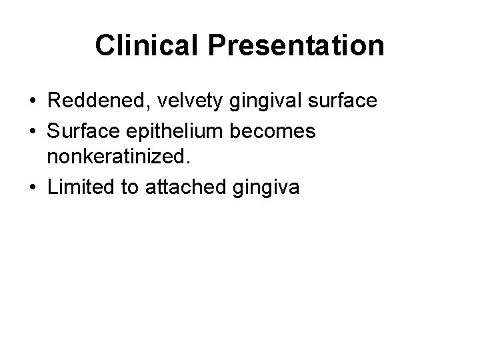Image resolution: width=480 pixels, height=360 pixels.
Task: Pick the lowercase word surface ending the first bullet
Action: click(x=341, y=101)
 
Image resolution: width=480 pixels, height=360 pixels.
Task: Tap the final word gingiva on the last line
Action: click(x=265, y=188)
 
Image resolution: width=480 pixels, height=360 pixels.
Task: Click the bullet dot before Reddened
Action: click(x=33, y=101)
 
